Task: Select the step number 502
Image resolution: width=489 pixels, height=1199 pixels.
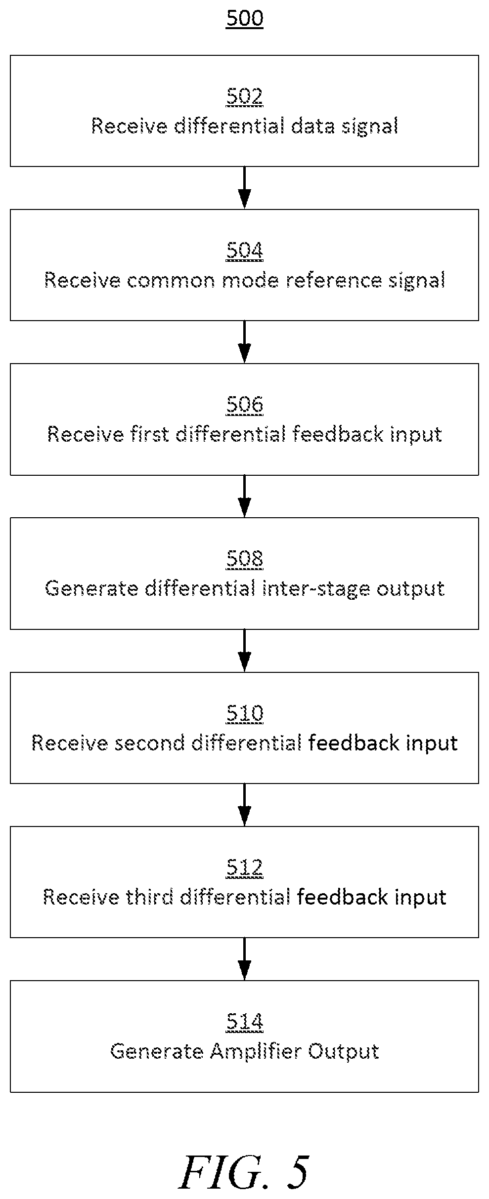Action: (x=244, y=96)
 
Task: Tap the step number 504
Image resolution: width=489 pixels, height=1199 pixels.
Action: (x=244, y=250)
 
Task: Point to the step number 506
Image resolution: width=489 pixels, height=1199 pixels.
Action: (x=244, y=405)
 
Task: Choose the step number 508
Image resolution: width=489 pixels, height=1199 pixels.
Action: (x=244, y=559)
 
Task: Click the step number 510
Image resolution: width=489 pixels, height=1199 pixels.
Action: (x=244, y=713)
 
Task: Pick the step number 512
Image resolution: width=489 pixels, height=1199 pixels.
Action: (x=244, y=868)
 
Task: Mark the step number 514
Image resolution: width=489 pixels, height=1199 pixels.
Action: (x=244, y=1022)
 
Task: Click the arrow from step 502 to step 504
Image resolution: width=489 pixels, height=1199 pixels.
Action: (x=244, y=188)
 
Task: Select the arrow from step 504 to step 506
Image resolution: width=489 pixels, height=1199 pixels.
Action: (x=244, y=342)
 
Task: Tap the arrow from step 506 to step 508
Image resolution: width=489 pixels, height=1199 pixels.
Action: (x=244, y=496)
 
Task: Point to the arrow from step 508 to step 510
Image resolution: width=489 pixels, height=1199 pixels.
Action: (x=244, y=651)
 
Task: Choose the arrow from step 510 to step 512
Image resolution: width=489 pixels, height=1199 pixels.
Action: (x=244, y=805)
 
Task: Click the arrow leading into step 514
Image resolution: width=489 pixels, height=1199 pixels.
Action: (x=244, y=959)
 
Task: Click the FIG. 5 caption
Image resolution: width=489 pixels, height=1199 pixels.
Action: (x=244, y=1172)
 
